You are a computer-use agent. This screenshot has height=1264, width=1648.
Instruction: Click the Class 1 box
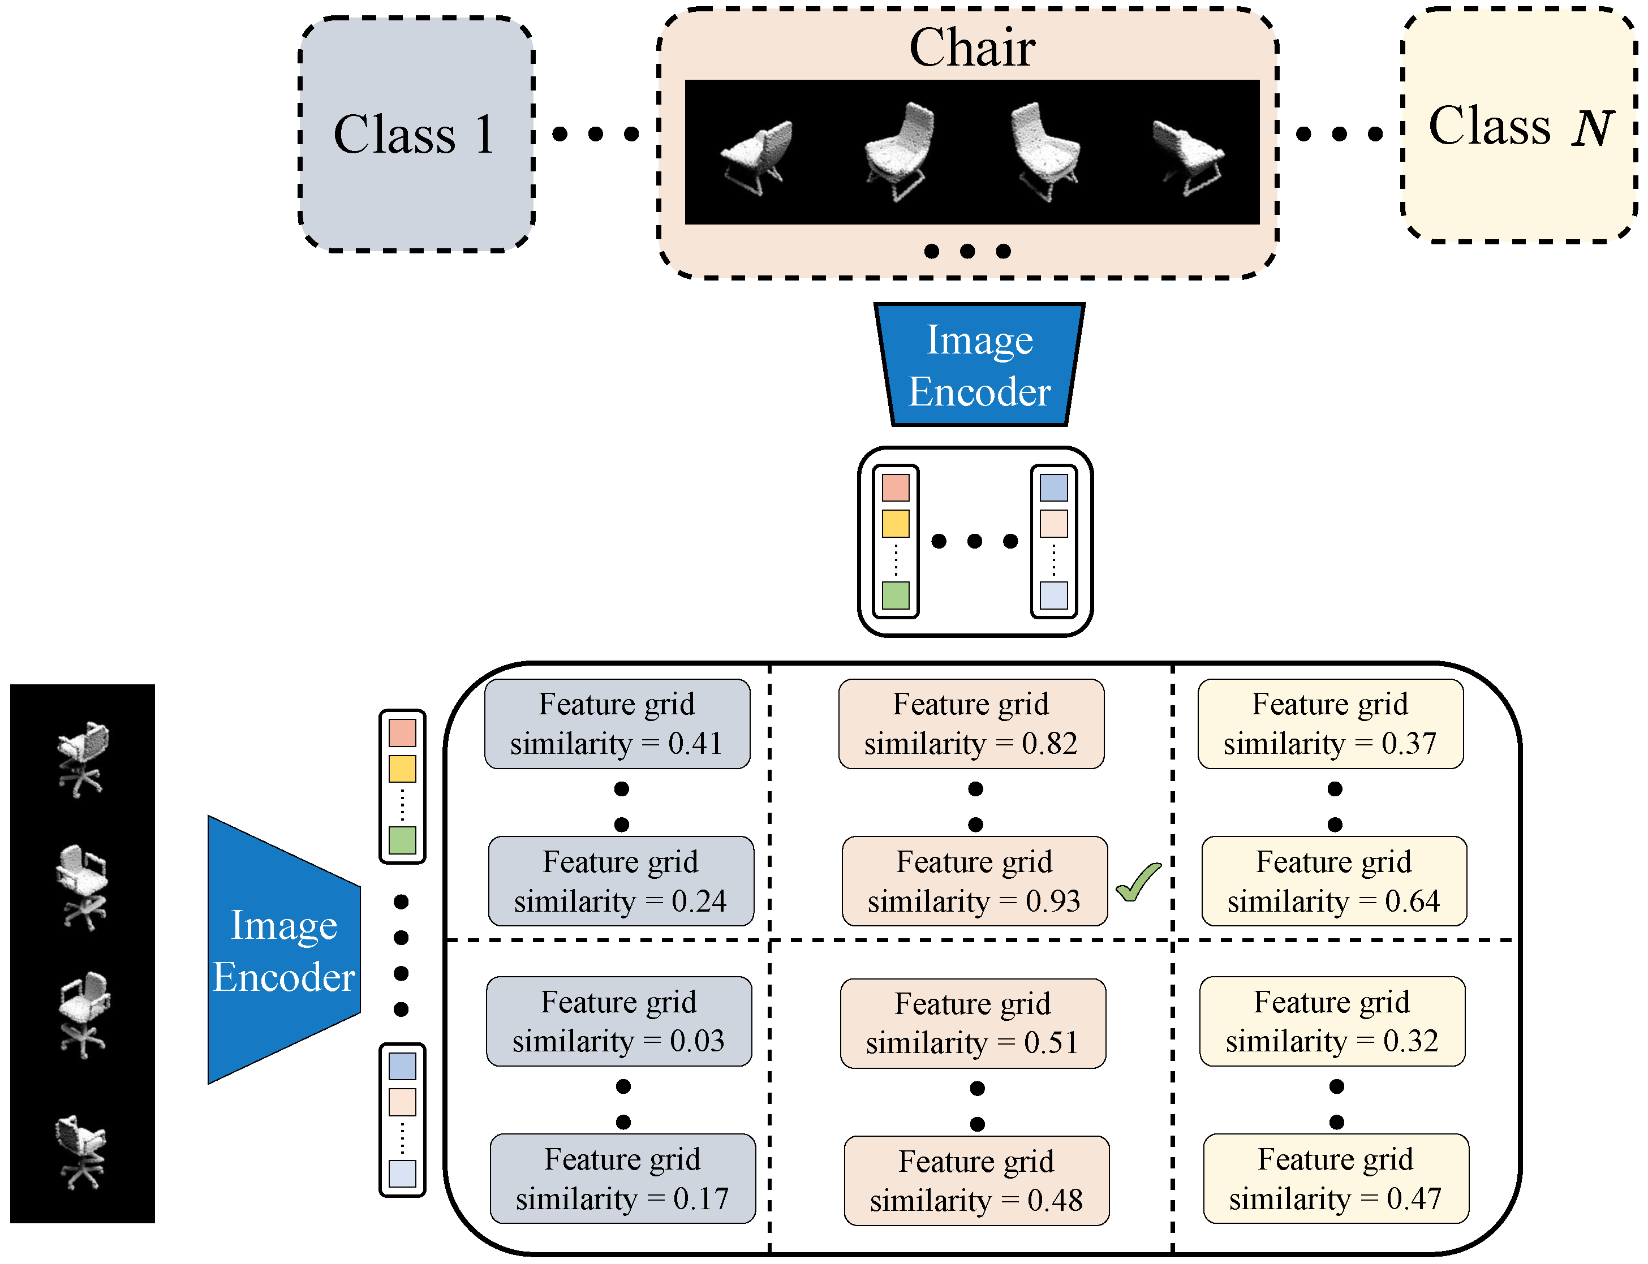click(x=416, y=134)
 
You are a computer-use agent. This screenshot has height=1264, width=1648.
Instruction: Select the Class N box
click(x=1518, y=125)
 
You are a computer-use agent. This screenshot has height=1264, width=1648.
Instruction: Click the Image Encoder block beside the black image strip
click(x=283, y=950)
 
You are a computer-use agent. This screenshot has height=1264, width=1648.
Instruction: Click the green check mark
click(x=1138, y=881)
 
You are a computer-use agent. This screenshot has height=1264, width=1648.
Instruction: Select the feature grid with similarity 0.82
click(x=971, y=724)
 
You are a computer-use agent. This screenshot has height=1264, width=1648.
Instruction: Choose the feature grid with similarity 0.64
click(x=1333, y=881)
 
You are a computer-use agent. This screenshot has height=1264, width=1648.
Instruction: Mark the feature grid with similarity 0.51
click(x=973, y=1023)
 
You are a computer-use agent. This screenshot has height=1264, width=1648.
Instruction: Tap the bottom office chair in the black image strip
click(x=80, y=1152)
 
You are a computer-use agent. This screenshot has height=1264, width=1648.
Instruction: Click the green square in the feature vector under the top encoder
click(x=895, y=595)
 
